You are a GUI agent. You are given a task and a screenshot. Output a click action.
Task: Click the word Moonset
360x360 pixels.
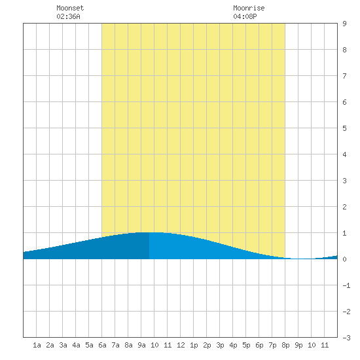pyautogui.click(x=70, y=8)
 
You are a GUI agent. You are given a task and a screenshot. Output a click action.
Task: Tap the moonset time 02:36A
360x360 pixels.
pyautogui.click(x=68, y=16)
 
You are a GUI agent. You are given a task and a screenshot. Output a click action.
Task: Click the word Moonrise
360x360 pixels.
pyautogui.click(x=249, y=8)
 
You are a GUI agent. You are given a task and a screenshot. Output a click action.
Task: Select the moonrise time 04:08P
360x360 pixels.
pyautogui.click(x=245, y=16)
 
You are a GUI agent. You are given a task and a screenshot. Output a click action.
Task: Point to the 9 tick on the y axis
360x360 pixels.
pyautogui.click(x=344, y=24)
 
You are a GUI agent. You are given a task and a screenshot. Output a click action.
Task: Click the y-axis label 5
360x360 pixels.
pyautogui.click(x=344, y=128)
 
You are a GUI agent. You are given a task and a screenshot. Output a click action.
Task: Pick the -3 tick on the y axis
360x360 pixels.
pyautogui.click(x=346, y=338)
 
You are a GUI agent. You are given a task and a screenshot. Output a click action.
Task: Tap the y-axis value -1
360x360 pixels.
pyautogui.click(x=346, y=285)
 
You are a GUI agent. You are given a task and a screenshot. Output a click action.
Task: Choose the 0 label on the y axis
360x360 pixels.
pyautogui.click(x=344, y=259)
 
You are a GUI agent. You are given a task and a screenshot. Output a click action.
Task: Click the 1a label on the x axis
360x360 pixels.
pyautogui.click(x=37, y=345)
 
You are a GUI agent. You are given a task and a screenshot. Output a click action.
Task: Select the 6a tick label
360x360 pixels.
pyautogui.click(x=102, y=345)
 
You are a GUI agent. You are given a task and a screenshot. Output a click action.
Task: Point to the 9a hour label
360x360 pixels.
pyautogui.click(x=141, y=345)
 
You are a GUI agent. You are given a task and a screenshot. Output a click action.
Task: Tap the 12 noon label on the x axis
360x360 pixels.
pyautogui.click(x=181, y=345)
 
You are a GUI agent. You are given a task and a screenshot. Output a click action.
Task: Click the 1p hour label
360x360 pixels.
pyautogui.click(x=194, y=345)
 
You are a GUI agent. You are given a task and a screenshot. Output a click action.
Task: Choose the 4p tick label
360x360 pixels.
pyautogui.click(x=233, y=345)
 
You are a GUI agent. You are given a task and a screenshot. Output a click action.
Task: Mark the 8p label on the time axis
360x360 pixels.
pyautogui.click(x=285, y=345)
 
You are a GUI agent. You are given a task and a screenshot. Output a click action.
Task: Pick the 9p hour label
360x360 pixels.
pyautogui.click(x=298, y=345)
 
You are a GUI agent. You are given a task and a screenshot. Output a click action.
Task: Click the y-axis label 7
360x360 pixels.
pyautogui.click(x=344, y=76)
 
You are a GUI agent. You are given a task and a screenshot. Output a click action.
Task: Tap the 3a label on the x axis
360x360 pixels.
pyautogui.click(x=63, y=345)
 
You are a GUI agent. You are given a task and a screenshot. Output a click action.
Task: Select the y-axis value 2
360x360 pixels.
pyautogui.click(x=344, y=207)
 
